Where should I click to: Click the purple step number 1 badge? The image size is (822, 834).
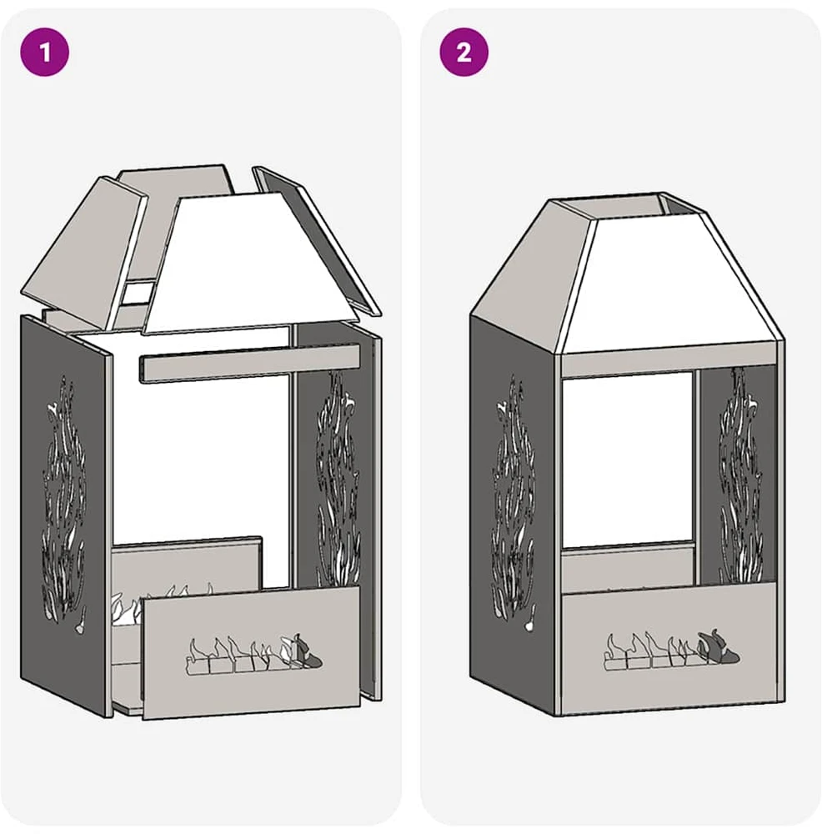pyautogui.click(x=45, y=52)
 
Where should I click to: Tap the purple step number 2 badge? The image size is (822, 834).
pyautogui.click(x=464, y=52)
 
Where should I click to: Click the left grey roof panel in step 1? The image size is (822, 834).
pyautogui.click(x=85, y=255)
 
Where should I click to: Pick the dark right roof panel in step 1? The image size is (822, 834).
pyautogui.click(x=316, y=239)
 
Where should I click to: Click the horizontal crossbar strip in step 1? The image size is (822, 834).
pyautogui.click(x=248, y=364)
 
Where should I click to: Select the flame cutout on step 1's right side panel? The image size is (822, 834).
pyautogui.click(x=338, y=479)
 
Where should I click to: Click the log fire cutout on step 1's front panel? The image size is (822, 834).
pyautogui.click(x=254, y=654)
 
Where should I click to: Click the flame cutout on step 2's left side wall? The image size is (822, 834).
pyautogui.click(x=513, y=503)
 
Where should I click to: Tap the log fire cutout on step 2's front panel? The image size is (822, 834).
pyautogui.click(x=672, y=649)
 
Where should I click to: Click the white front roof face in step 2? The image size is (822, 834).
pyautogui.click(x=667, y=284)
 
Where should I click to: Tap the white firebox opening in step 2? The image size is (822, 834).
pyautogui.click(x=628, y=460)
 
